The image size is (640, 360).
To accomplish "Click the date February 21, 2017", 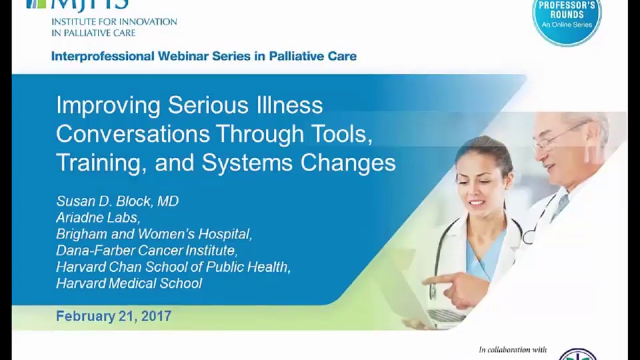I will click(x=113, y=316).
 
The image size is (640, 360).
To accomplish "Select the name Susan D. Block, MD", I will click(x=117, y=201).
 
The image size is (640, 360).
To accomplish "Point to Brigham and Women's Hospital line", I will click(x=154, y=234).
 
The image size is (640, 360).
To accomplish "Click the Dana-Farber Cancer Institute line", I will click(x=145, y=250).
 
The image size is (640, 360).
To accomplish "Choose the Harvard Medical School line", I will click(x=129, y=283).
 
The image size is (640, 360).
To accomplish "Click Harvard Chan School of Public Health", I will click(x=173, y=267).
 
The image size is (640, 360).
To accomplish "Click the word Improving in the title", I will click(x=108, y=105).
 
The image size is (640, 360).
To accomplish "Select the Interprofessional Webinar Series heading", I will click(x=204, y=56).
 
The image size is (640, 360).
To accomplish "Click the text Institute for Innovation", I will click(x=114, y=22).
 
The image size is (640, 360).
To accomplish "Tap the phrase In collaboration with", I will click(x=512, y=350).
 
